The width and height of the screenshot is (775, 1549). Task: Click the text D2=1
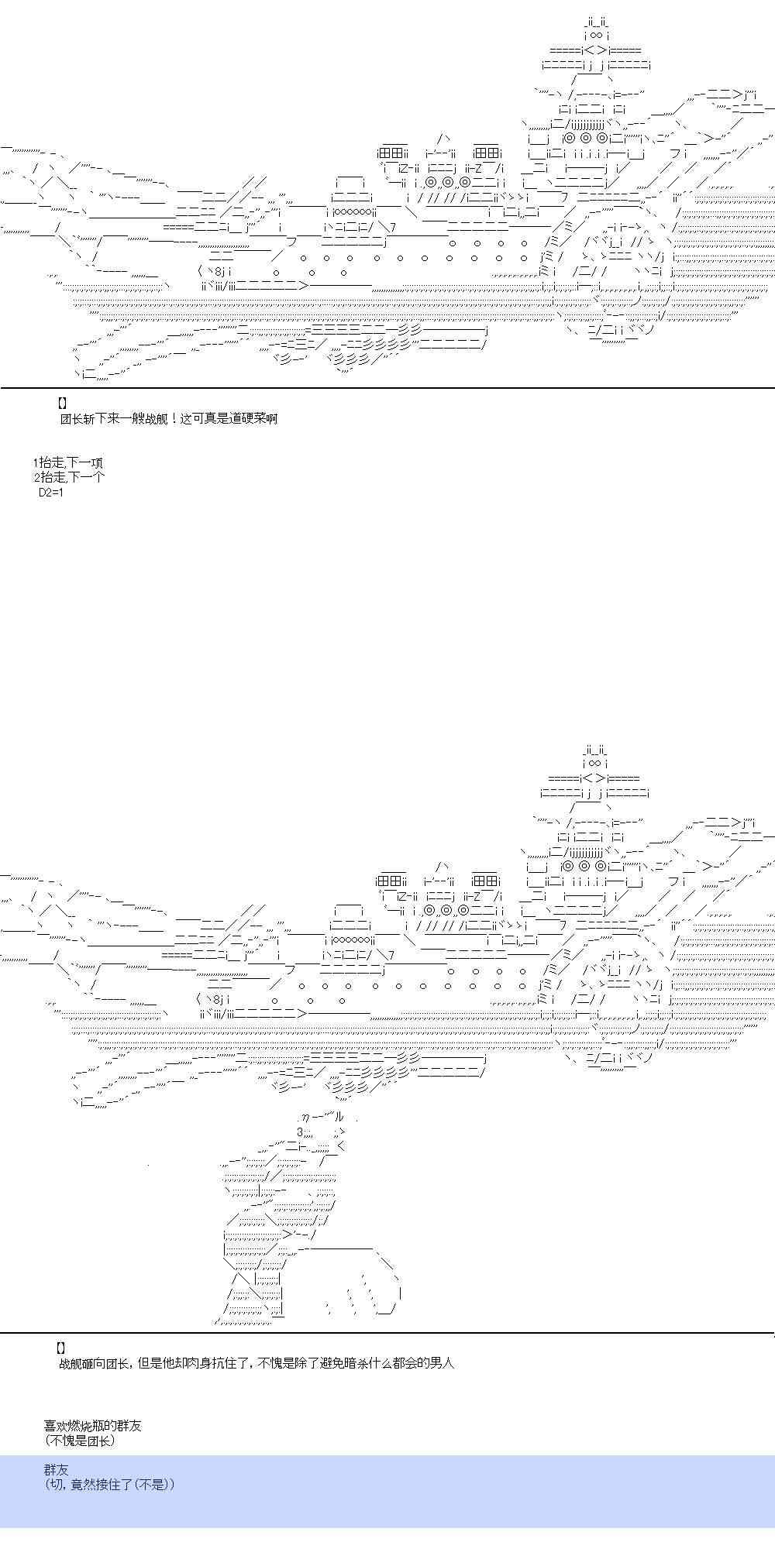50,492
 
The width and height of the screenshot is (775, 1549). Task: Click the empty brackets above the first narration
63,404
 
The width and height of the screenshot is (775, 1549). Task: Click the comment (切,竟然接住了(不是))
109,1484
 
